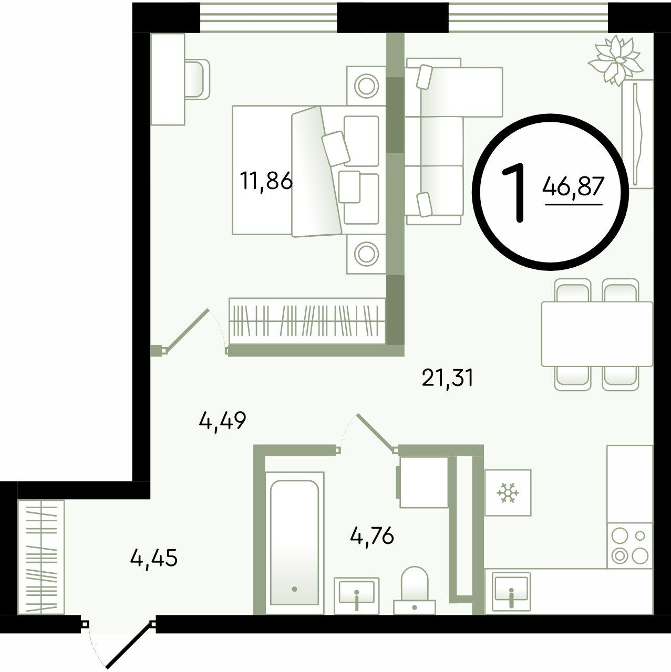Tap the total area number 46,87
pyautogui.click(x=573, y=186)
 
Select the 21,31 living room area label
pyautogui.click(x=448, y=379)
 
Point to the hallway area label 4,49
pyautogui.click(x=223, y=421)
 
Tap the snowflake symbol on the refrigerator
pyautogui.click(x=508, y=493)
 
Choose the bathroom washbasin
pyautogui.click(x=356, y=596)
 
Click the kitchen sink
pyautogui.click(x=511, y=593)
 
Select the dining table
pyautogui.click(x=597, y=334)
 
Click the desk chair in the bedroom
pyautogui.click(x=197, y=79)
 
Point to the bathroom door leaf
pyautogui.click(x=376, y=433)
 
